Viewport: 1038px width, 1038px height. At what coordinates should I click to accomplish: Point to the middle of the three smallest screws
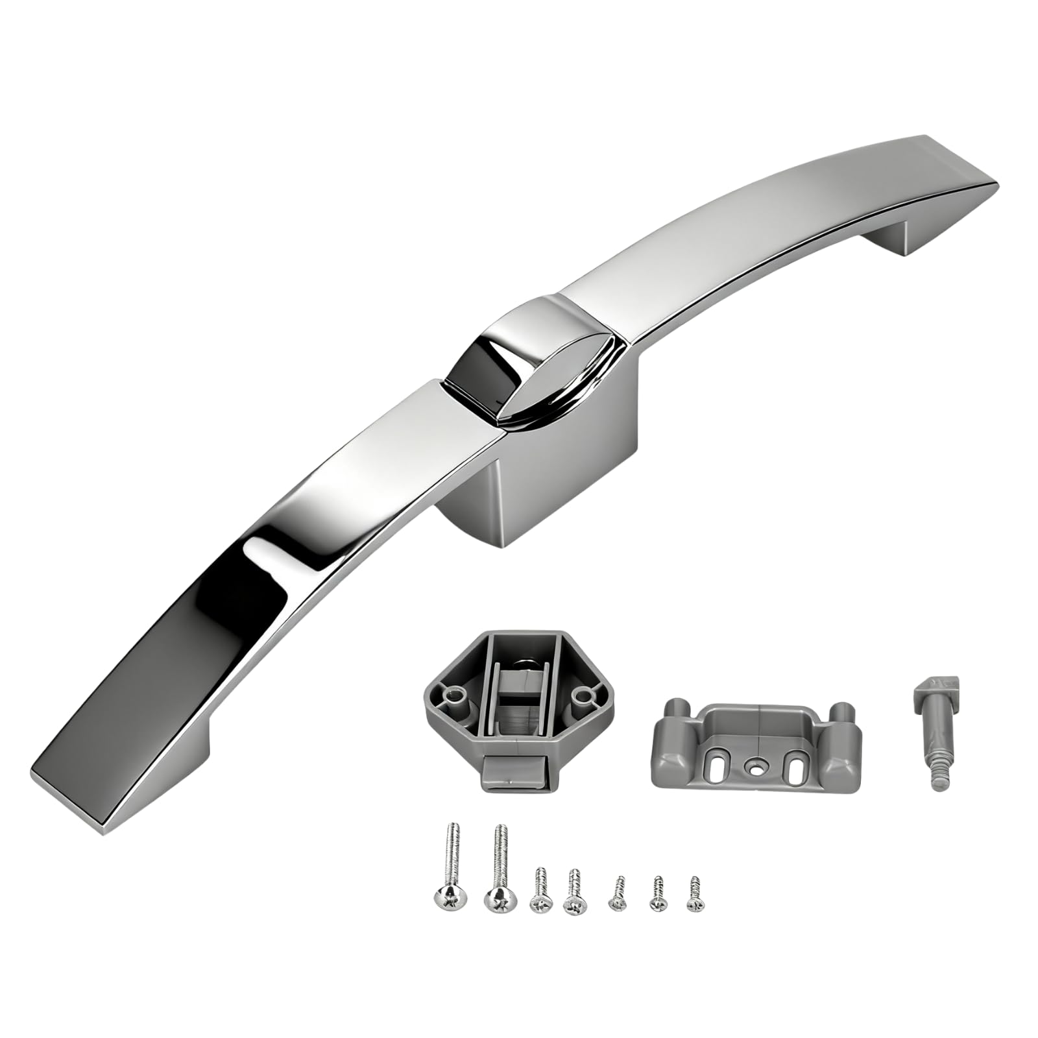click(x=659, y=902)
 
